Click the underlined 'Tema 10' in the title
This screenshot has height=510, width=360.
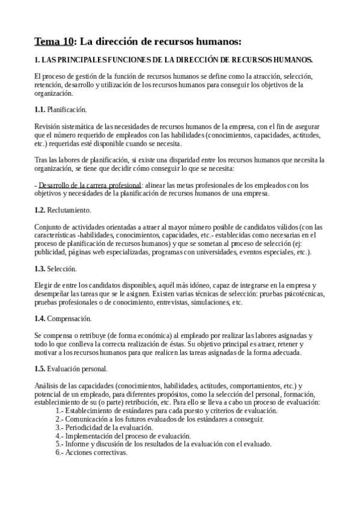pos(53,41)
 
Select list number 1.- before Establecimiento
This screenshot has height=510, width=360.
pos(59,411)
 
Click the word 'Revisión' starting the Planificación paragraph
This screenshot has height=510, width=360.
pos(48,126)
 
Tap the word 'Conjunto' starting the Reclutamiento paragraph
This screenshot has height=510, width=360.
pos(49,227)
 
